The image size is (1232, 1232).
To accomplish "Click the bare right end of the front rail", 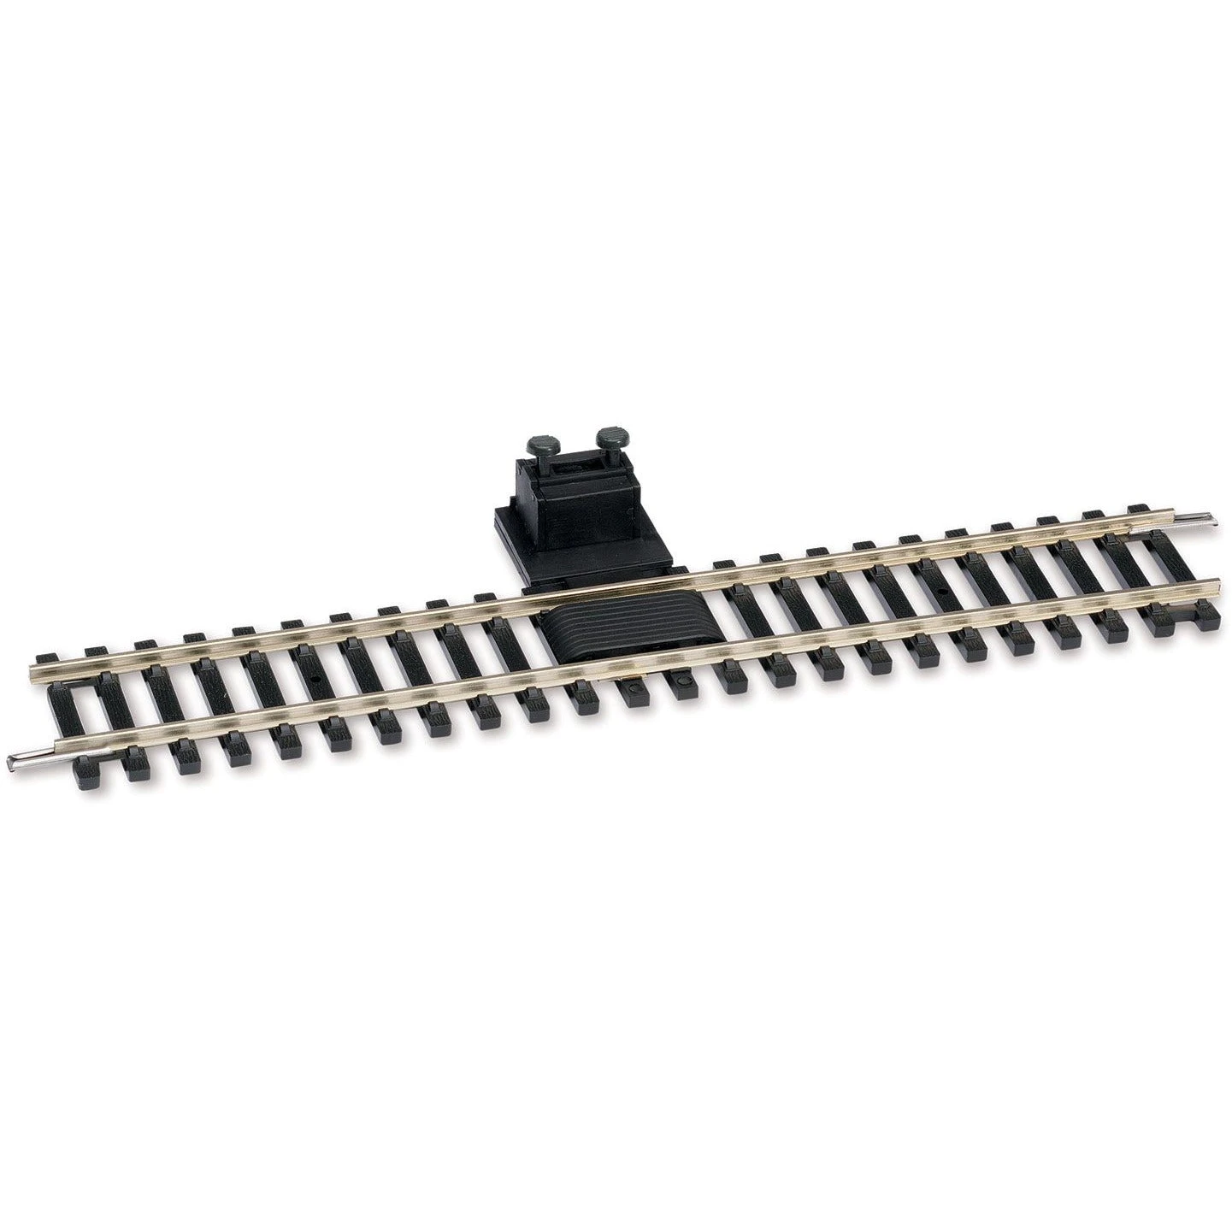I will (x=1215, y=587).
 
